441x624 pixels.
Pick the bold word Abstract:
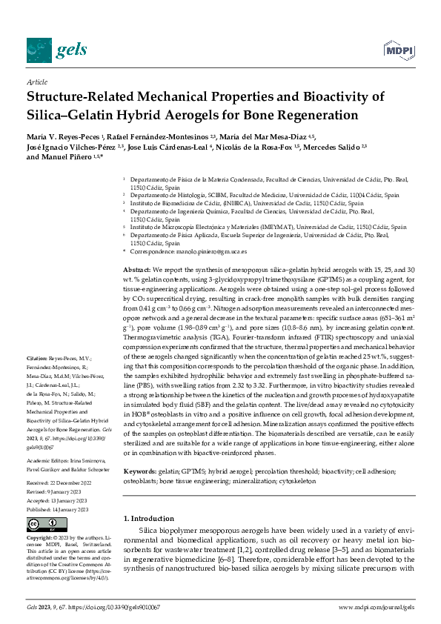tap(137, 271)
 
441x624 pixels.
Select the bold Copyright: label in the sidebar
tap(40, 538)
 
